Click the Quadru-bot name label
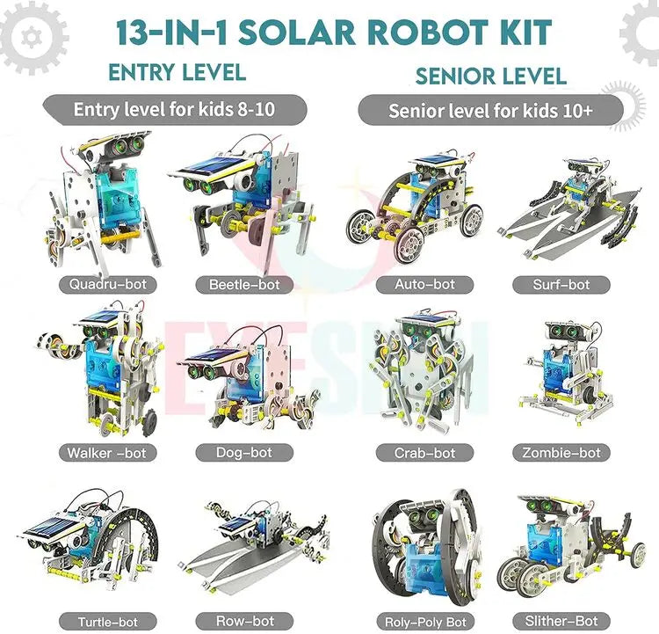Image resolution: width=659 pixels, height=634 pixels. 107,284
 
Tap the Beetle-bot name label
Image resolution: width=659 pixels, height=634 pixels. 244,285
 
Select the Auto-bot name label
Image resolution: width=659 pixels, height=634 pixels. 424,284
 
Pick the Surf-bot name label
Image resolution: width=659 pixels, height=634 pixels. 561,285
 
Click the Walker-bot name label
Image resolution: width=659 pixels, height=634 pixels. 107,453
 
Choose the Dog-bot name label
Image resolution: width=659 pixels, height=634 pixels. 244,453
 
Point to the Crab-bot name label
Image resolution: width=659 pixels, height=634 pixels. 424,453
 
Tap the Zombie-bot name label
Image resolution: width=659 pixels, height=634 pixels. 561,453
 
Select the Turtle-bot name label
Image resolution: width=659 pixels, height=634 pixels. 107,622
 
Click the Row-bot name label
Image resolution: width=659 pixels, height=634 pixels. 244,622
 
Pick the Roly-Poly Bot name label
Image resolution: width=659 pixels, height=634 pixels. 424,622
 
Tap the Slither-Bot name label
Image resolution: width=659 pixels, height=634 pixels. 561,622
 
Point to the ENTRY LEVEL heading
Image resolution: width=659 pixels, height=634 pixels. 177,72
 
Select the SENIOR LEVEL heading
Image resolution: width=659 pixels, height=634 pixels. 491,77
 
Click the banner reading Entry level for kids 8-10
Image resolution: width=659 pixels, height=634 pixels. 175,110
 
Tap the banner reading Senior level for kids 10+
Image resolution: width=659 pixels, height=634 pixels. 490,111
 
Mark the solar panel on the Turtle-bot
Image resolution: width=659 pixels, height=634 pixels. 53,528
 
